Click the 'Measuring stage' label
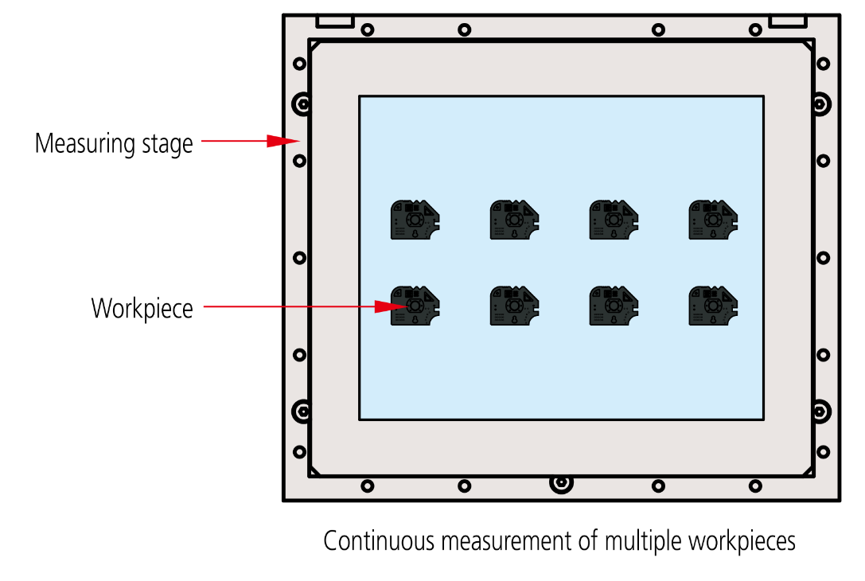pyautogui.click(x=114, y=144)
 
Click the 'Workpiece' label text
pyautogui.click(x=142, y=308)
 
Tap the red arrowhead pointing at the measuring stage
pyautogui.click(x=281, y=141)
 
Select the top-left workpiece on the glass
pyautogui.click(x=415, y=220)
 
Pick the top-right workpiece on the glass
pyautogui.click(x=712, y=220)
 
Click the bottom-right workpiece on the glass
pyautogui.click(x=712, y=306)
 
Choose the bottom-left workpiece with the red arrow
pyautogui.click(x=415, y=306)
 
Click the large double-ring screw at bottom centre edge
pyautogui.click(x=561, y=482)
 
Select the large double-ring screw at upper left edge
pyautogui.click(x=302, y=103)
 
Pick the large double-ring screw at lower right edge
pyautogui.click(x=820, y=411)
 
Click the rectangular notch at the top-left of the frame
pyautogui.click(x=334, y=21)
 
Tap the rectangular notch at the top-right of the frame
pyautogui.click(x=787, y=21)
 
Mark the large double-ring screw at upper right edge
pyautogui.click(x=820, y=103)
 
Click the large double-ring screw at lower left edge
pyautogui.click(x=302, y=411)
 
